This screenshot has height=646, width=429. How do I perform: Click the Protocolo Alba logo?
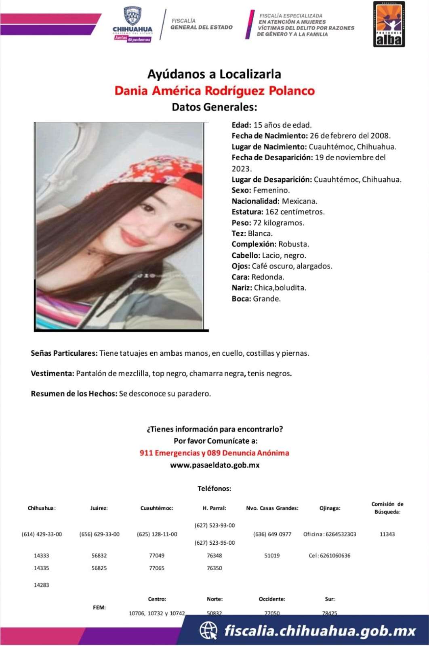pyautogui.click(x=389, y=24)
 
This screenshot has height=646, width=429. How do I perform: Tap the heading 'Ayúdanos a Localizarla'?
pyautogui.click(x=214, y=74)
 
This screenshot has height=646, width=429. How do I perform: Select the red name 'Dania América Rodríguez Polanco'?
pyautogui.click(x=214, y=90)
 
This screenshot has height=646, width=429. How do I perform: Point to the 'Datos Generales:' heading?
pyautogui.click(x=214, y=107)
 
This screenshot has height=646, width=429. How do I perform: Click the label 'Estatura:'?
pyautogui.click(x=247, y=212)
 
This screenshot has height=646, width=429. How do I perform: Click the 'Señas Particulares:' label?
pyautogui.click(x=64, y=353)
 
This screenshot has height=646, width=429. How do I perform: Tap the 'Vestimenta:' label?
pyautogui.click(x=52, y=373)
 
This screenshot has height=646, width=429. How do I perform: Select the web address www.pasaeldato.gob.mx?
pyautogui.click(x=214, y=465)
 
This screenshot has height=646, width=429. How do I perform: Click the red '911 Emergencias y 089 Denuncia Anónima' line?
pyautogui.click(x=214, y=453)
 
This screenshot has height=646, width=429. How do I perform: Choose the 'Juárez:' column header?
pyautogui.click(x=99, y=508)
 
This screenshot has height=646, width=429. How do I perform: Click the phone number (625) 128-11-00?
pyautogui.click(x=157, y=534)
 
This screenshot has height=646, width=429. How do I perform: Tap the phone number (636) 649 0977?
pyautogui.click(x=272, y=534)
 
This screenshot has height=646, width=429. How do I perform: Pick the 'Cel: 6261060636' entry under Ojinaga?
pyautogui.click(x=330, y=556)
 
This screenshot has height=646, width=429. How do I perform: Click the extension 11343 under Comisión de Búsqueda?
pyautogui.click(x=387, y=534)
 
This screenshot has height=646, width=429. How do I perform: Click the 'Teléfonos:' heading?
pyautogui.click(x=214, y=489)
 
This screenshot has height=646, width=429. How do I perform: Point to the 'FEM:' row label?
pyautogui.click(x=99, y=607)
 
